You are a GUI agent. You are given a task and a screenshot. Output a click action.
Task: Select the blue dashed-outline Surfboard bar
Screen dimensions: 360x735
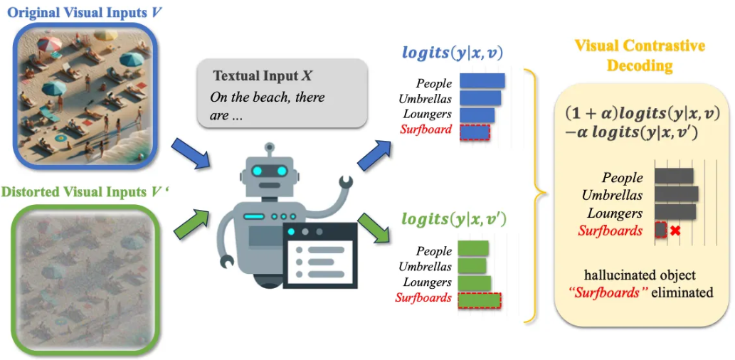tap(475, 132)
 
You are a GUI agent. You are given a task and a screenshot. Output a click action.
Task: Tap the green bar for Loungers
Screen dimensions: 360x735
tap(474, 282)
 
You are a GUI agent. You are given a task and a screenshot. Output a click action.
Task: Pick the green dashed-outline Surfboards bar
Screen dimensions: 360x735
tap(479, 300)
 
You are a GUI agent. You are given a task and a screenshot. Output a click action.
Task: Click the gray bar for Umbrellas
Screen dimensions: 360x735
tap(676, 194)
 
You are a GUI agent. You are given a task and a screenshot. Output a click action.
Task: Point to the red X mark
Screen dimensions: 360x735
tap(676, 231)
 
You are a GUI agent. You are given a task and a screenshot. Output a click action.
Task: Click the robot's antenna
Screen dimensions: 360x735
tap(269, 151)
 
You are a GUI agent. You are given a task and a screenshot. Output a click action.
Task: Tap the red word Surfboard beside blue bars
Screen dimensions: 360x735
tap(425, 130)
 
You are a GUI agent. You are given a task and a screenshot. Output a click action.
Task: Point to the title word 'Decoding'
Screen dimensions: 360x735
tap(640, 65)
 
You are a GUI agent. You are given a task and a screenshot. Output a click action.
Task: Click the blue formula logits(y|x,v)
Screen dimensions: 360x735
tap(454, 52)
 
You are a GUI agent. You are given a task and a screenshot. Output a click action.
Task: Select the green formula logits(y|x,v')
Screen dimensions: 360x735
tap(454, 218)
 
